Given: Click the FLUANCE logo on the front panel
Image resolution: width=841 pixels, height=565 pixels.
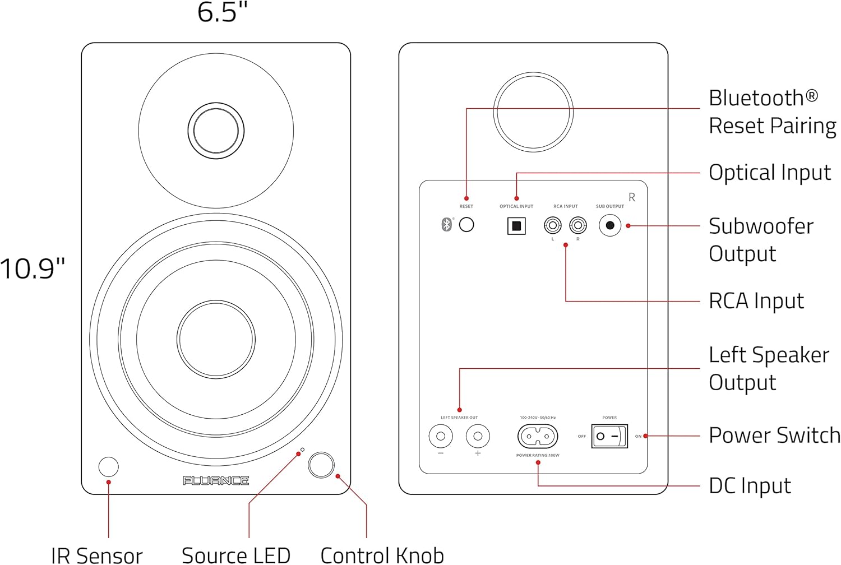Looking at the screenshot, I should pos(216,480).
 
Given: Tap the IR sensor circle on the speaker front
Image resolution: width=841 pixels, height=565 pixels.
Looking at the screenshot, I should pos(109,466).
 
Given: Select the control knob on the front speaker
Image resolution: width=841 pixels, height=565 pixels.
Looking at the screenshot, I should pos(321,465).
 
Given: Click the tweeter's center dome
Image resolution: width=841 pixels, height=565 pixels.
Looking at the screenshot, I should pos(216,131).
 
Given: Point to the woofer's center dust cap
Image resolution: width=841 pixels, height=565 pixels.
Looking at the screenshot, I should pos(216,339).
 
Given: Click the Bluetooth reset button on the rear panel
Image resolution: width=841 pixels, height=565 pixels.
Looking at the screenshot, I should pos(466,225).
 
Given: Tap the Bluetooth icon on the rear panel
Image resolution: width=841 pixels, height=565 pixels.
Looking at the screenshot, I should pos(447,225).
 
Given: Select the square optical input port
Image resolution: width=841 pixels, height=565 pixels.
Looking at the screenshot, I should pos(516,226).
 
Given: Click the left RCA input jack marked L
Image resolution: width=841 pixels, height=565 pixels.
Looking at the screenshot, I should pos(553,225).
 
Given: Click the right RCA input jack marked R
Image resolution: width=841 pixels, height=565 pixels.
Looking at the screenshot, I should pos(578,225).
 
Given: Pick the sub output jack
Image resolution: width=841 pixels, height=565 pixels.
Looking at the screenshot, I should pos(610,225).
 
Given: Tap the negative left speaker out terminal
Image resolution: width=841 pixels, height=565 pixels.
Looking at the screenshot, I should pos(441,436).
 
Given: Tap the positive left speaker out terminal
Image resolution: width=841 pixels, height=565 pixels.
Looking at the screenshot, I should pos(478,436).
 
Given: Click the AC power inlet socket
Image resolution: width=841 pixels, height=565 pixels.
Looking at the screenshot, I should pos(538,436).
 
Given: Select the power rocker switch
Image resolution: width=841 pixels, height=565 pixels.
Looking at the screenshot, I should pos(609,436).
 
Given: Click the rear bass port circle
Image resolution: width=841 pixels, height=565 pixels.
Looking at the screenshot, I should pos(533,112).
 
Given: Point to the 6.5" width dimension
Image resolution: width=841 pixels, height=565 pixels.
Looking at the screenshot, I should pos(223,12).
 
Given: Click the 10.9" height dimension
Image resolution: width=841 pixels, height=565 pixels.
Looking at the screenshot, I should pos(33,268).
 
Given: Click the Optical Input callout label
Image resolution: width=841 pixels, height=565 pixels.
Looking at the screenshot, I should pos(769,173).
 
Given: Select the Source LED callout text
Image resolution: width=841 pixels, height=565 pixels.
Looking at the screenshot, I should pos(236,555).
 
